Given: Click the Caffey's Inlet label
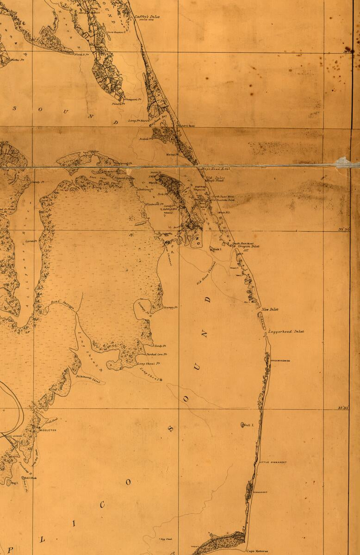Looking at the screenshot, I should (x=147, y=17).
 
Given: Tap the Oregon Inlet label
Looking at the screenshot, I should (x=248, y=247).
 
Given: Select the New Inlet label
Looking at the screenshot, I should (x=270, y=309).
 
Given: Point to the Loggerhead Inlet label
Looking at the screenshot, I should (x=286, y=332).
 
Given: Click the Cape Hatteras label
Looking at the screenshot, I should (x=257, y=551).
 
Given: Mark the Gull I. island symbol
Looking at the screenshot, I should (x=243, y=425).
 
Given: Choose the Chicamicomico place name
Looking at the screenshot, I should (x=279, y=361).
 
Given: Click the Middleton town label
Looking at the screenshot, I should (x=48, y=430).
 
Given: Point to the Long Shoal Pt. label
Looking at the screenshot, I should (x=149, y=364).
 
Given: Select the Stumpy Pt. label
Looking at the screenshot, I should (x=171, y=308).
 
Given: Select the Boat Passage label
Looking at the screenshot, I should (x=59, y=302).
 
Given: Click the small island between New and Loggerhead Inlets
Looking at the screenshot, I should (x=262, y=320).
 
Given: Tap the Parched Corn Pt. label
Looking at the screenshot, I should (x=156, y=355).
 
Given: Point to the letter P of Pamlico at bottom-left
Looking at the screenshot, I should (x=11, y=549).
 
